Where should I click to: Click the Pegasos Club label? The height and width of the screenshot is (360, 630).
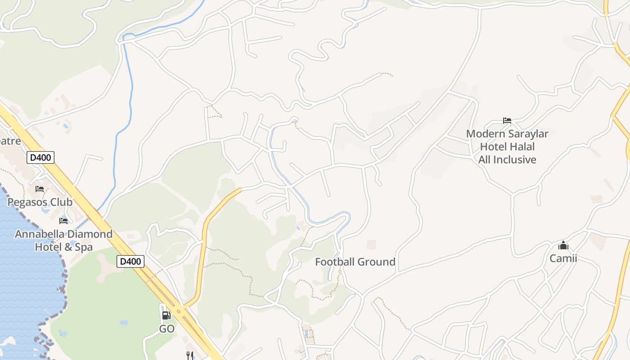click(40, 202)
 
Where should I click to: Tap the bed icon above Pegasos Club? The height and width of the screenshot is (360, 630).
click(40, 189)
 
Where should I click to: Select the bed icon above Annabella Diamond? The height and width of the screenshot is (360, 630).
click(63, 220)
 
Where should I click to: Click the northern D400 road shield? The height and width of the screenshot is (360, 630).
click(40, 157)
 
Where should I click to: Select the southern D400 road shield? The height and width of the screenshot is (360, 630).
click(130, 261)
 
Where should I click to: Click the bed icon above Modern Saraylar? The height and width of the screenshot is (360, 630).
click(507, 120)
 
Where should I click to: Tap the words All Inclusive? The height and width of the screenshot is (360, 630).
click(507, 160)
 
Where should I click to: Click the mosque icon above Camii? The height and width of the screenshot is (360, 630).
click(563, 245)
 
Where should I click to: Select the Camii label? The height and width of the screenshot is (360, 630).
click(563, 258)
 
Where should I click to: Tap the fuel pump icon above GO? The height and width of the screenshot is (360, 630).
click(166, 315)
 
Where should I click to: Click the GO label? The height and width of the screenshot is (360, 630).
click(166, 329)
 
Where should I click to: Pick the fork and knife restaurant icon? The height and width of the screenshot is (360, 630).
click(190, 355)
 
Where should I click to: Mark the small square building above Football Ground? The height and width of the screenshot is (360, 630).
click(371, 244)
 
